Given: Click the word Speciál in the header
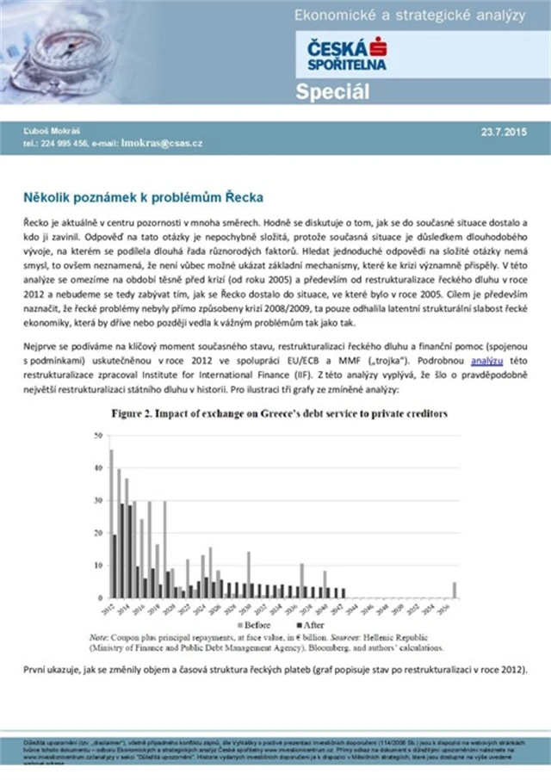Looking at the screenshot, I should click(332, 92).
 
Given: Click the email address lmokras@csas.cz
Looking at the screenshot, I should click(162, 143).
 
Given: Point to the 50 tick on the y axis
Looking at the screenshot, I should click(97, 436).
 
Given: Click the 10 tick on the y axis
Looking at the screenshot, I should click(97, 566).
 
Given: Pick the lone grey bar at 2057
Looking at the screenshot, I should click(455, 590).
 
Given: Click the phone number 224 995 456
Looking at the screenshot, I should click(59, 143).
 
